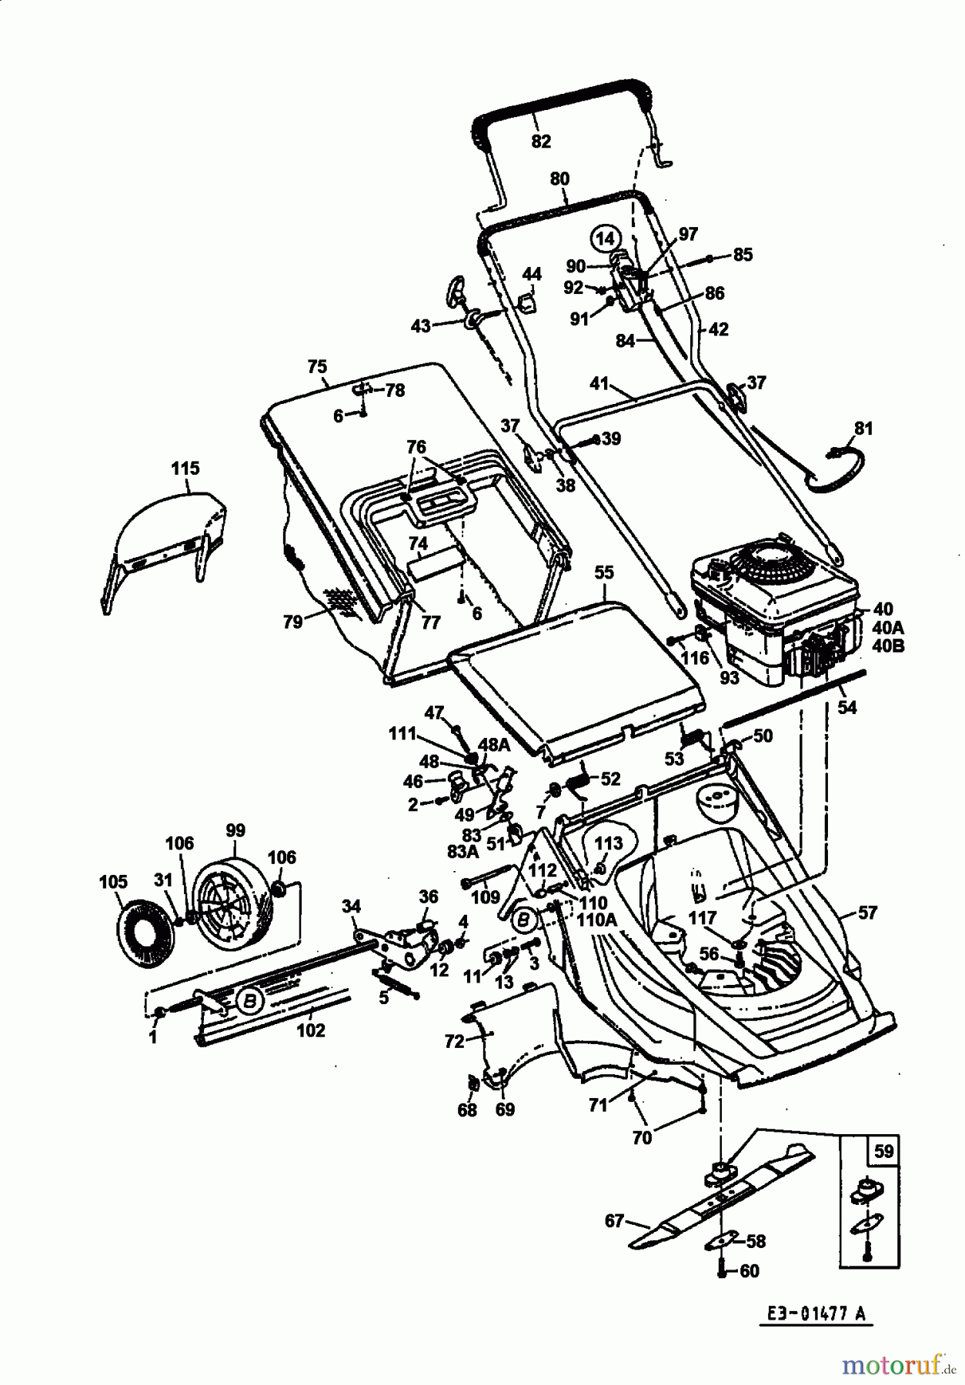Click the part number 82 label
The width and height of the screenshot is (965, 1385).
541,141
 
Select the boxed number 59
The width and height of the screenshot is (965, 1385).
884,1152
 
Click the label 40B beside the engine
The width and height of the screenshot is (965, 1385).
888,646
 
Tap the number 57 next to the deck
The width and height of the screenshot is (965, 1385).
867,913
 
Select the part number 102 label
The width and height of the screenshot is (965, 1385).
311,1030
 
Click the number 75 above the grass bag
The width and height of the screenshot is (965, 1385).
317,367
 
